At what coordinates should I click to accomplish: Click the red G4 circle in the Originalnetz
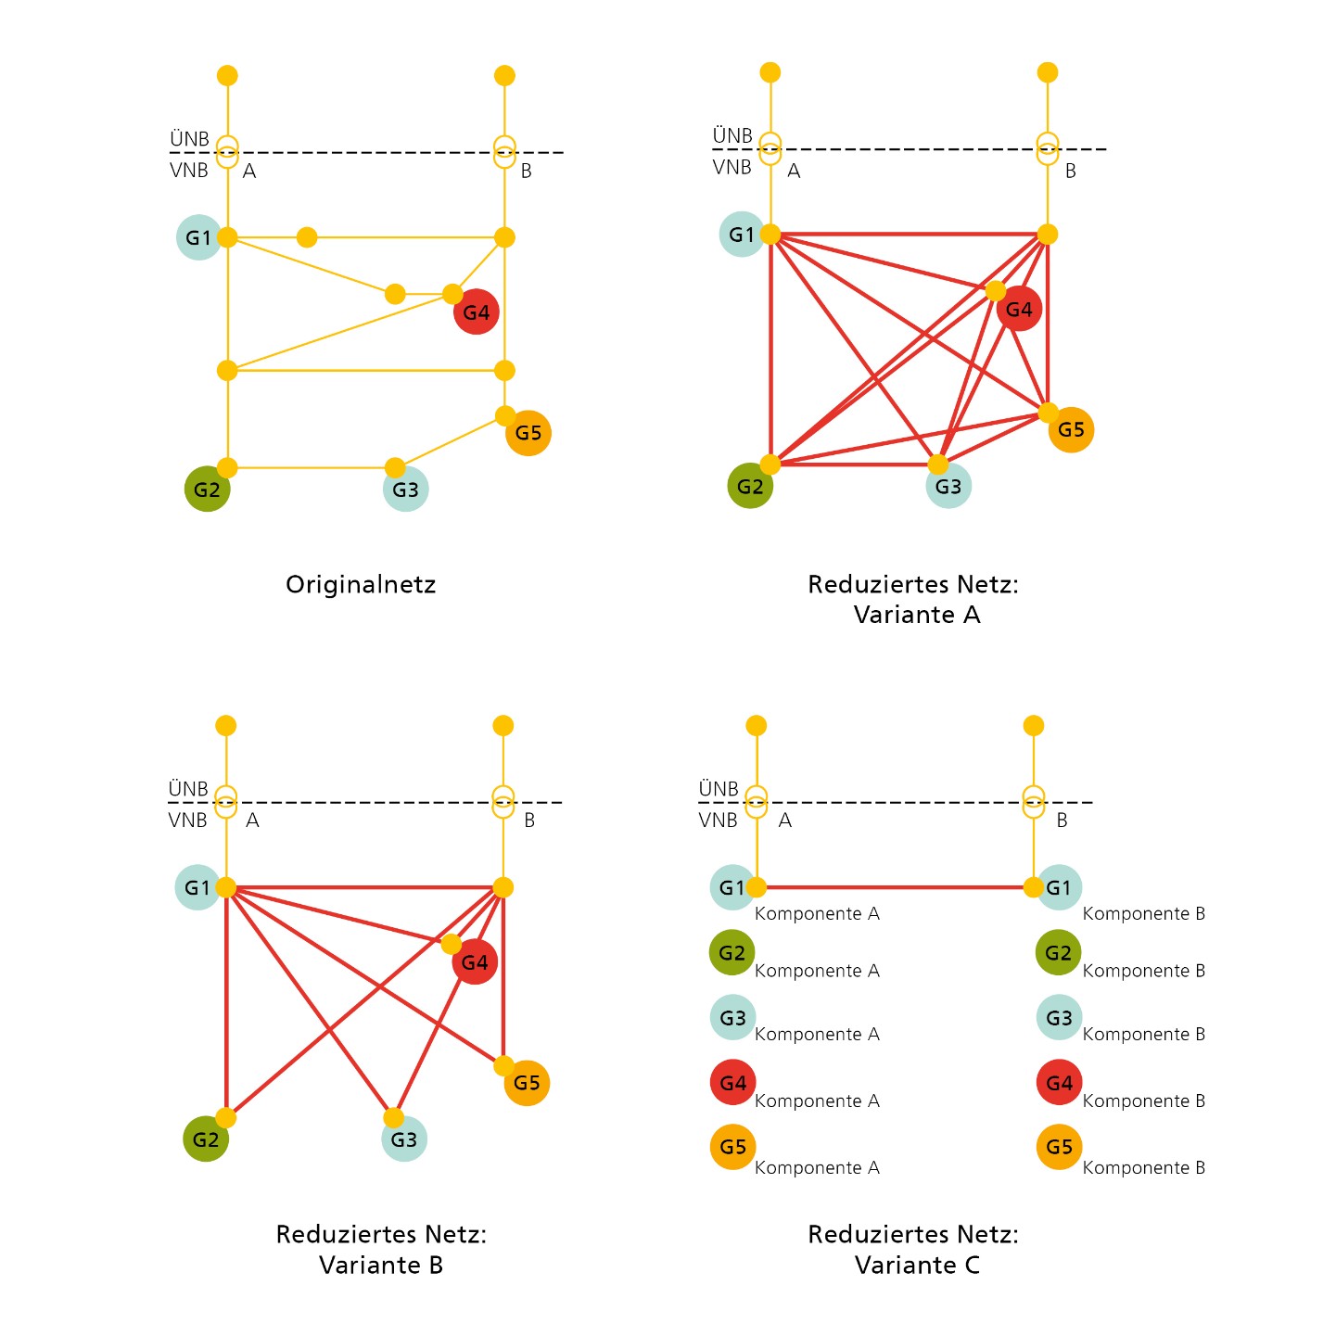click(476, 312)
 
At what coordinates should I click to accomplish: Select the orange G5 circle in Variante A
click(1071, 429)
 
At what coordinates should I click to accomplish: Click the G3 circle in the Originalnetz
click(405, 489)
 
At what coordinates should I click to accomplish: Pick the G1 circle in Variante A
click(742, 235)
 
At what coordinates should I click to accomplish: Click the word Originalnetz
click(361, 584)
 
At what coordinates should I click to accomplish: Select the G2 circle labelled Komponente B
click(1058, 952)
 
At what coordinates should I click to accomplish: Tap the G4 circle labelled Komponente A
click(732, 1082)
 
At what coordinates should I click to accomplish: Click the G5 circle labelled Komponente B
click(1059, 1147)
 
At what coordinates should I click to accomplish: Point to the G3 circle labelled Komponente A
click(732, 1018)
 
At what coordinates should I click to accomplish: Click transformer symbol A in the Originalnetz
click(227, 152)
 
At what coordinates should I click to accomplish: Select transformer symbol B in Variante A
click(1048, 148)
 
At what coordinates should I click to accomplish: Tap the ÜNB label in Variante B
click(188, 788)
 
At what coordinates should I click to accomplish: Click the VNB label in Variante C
click(718, 821)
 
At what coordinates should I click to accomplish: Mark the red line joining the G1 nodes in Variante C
click(895, 886)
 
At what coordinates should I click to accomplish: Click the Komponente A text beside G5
click(817, 1167)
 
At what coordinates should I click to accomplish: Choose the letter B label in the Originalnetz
click(527, 171)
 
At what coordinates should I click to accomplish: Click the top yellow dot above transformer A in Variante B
click(226, 725)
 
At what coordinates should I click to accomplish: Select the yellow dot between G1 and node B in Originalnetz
click(307, 237)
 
